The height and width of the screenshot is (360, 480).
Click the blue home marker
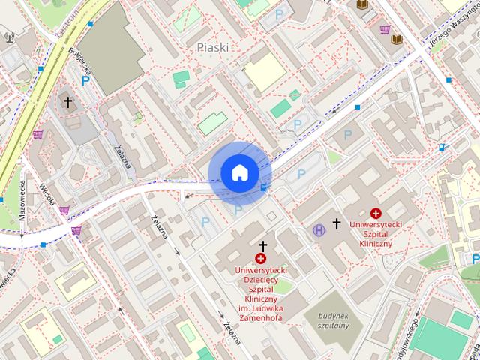pos(239,172)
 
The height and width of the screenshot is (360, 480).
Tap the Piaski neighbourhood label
pos(212,47)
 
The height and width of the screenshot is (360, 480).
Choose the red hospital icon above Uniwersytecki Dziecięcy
pos(261,259)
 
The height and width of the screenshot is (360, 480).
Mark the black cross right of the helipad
pos(337,223)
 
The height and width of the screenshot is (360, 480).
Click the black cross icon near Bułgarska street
pos(67,101)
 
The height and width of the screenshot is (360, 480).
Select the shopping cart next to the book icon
pos(385,30)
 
